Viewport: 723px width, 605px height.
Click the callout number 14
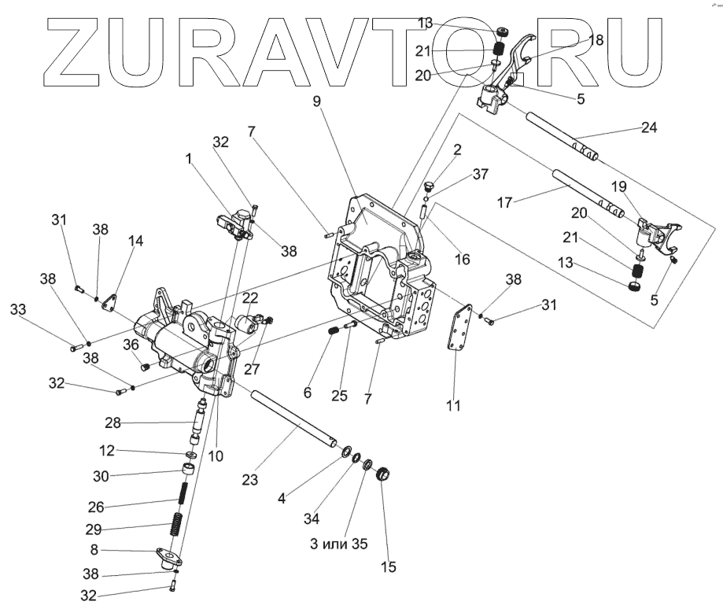point(136,242)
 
